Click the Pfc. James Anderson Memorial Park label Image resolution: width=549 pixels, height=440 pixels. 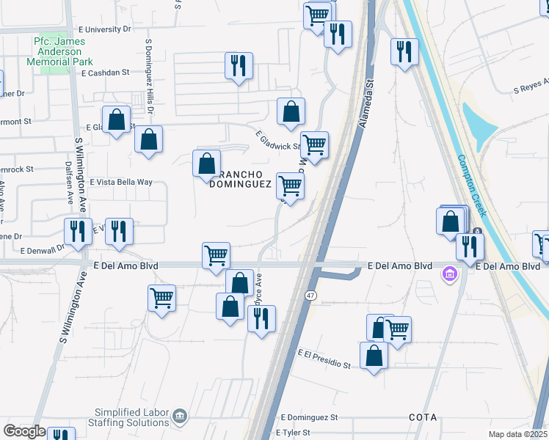tap(68, 52)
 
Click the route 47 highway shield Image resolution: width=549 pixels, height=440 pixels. tap(311, 294)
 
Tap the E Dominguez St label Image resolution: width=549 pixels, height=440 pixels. tap(309, 417)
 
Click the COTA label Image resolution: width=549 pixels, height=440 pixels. tap(423, 417)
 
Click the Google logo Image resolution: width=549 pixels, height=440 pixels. tap(24, 431)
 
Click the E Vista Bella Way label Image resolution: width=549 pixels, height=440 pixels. tap(121, 182)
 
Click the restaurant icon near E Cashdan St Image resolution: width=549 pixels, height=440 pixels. tap(239, 66)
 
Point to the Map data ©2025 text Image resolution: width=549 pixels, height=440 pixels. tap(517, 434)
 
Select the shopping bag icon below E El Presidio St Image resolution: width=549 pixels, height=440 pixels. tap(374, 356)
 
